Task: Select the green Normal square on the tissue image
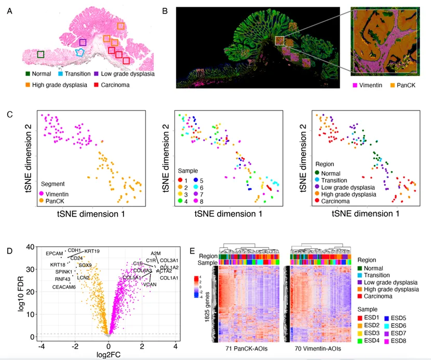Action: point(41,54)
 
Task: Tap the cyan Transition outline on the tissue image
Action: point(79,52)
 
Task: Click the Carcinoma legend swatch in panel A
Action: point(97,84)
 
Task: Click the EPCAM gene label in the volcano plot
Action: point(54,253)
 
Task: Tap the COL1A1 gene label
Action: point(169,278)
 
